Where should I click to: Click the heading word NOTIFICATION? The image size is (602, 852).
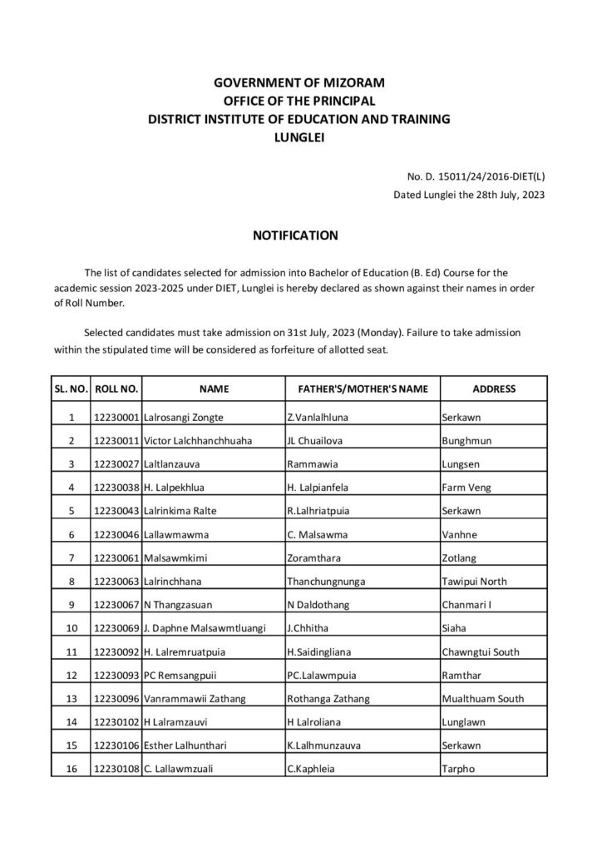tap(295, 235)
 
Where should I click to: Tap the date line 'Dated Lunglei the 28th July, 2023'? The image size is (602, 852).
tap(469, 195)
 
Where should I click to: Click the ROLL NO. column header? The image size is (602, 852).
tap(117, 389)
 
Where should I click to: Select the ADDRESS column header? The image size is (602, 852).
tap(493, 389)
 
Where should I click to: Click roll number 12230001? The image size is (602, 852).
tap(117, 417)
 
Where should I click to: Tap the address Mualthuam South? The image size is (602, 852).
tap(482, 699)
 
